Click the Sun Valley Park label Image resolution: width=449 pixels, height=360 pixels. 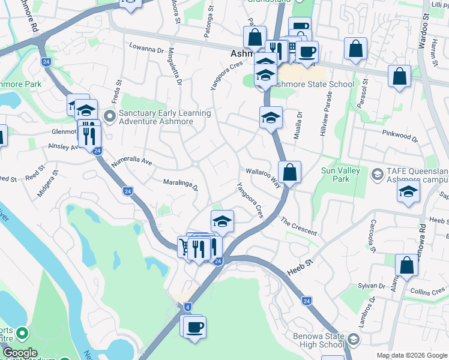(x=340, y=175)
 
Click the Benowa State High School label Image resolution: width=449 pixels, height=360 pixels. (x=319, y=340)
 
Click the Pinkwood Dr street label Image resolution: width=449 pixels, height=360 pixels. (x=400, y=136)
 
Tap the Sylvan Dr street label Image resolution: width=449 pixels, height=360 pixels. (x=372, y=286)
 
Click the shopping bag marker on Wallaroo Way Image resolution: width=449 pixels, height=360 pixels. (x=289, y=173)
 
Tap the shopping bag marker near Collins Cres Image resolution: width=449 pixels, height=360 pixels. (x=406, y=266)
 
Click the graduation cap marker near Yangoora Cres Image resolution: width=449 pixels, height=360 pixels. (x=222, y=221)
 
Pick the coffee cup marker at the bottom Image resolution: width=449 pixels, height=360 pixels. (x=194, y=328)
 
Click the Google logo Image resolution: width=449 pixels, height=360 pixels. (x=20, y=353)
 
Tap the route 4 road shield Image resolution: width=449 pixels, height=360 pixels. (x=188, y=307)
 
